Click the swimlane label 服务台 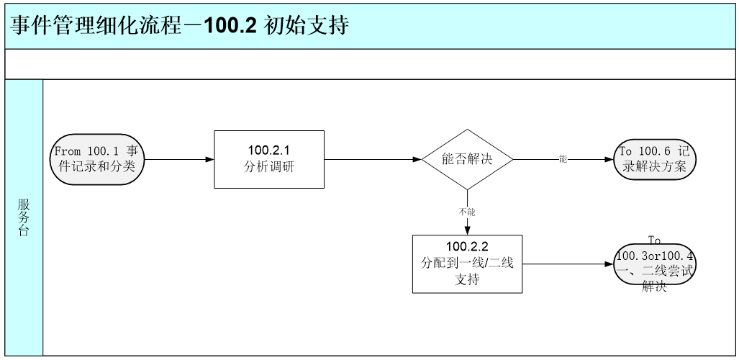pyautogui.click(x=24, y=217)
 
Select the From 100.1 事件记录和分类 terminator pyautogui.click(x=97, y=159)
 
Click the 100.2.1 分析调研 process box pyautogui.click(x=269, y=159)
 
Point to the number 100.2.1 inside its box pyautogui.click(x=269, y=150)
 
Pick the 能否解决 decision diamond pyautogui.click(x=467, y=159)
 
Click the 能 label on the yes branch pyautogui.click(x=563, y=159)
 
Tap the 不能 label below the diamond pyautogui.click(x=467, y=212)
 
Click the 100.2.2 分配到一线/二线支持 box pyautogui.click(x=467, y=264)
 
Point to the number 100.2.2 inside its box pyautogui.click(x=467, y=248)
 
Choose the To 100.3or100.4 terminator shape pyautogui.click(x=656, y=264)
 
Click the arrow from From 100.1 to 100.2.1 pyautogui.click(x=180, y=159)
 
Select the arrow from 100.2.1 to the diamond pyautogui.click(x=371, y=159)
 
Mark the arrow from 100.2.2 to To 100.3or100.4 pyautogui.click(x=568, y=264)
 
